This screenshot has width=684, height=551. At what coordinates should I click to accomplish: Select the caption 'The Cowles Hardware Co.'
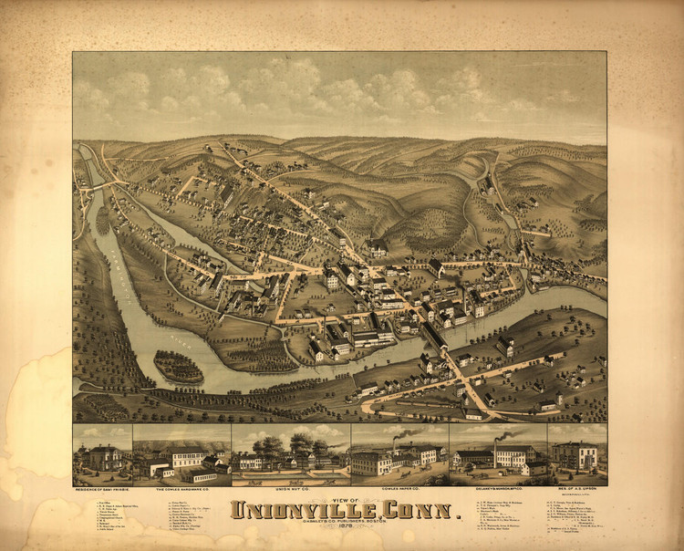click(181, 492)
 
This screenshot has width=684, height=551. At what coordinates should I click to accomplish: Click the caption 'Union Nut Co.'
click(291, 492)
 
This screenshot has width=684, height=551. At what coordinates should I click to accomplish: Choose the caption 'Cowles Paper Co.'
click(399, 492)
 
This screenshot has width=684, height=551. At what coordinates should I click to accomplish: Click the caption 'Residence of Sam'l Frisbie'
click(102, 492)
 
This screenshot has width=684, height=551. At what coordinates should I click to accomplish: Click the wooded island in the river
click(179, 367)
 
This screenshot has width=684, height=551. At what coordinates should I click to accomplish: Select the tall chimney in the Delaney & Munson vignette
click(496, 443)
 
